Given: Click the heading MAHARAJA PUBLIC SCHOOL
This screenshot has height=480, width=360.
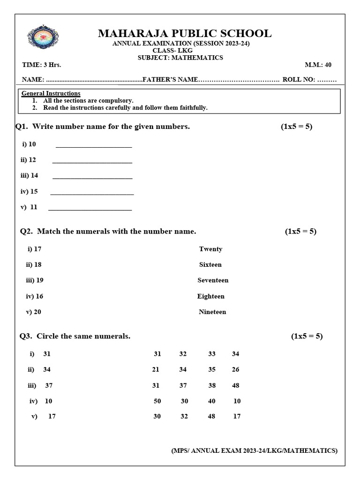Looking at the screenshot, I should click(x=184, y=33).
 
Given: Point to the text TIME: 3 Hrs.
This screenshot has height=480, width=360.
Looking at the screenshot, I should click(x=42, y=65).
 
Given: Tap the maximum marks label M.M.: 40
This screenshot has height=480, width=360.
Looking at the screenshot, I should click(x=318, y=65).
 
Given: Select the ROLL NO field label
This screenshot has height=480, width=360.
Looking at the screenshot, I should click(x=309, y=80).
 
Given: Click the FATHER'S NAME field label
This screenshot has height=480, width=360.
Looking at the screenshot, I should click(x=171, y=80).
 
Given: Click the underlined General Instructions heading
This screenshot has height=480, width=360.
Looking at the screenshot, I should click(x=51, y=93).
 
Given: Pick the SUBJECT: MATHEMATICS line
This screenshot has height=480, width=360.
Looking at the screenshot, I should click(x=180, y=58).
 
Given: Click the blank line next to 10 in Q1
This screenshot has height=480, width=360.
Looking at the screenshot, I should click(x=94, y=145).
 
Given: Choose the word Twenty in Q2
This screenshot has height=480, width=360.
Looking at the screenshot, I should click(x=210, y=249).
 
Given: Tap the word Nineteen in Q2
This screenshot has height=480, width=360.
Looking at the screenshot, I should click(x=212, y=312).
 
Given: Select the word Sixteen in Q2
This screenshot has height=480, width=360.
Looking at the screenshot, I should click(x=210, y=264).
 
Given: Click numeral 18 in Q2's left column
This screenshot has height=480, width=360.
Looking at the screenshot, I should click(x=37, y=264).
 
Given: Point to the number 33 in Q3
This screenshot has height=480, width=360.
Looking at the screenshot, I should click(x=212, y=354).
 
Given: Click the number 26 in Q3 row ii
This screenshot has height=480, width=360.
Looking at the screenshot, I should click(x=235, y=369).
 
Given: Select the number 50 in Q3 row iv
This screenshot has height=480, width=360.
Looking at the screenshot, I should click(x=157, y=401).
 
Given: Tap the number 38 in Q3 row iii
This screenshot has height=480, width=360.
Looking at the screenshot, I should click(x=212, y=385).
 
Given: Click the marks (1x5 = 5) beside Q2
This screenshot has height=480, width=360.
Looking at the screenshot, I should click(x=300, y=231).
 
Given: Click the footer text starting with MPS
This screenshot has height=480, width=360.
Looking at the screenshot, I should click(x=254, y=450).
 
